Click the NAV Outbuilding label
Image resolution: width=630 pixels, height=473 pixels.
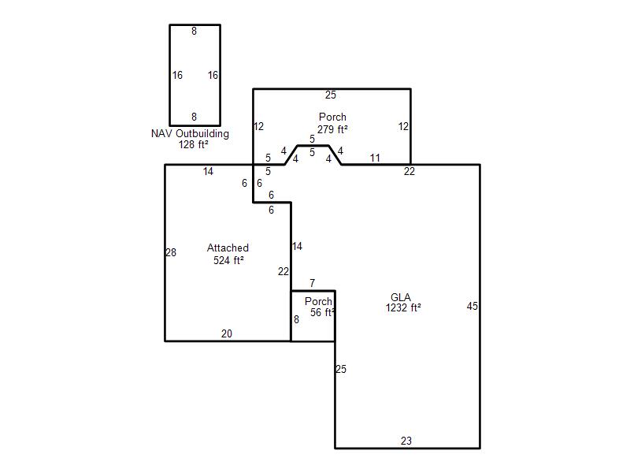[x=190, y=133]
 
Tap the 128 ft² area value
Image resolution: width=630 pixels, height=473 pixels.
[x=193, y=144]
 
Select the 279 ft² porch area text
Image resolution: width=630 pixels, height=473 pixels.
[x=332, y=129]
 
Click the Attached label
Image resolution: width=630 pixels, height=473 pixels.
[x=228, y=248]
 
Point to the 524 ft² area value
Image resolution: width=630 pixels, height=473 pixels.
[x=228, y=260]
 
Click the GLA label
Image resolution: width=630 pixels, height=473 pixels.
[x=401, y=297]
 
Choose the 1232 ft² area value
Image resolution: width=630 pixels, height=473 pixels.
[x=403, y=307]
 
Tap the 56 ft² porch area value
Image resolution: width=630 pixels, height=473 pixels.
[x=323, y=312]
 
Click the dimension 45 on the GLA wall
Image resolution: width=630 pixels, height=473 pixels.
[x=472, y=306]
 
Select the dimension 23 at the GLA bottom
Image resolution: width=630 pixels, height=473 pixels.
[x=406, y=441]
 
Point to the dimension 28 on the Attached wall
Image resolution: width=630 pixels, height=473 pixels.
[x=171, y=252]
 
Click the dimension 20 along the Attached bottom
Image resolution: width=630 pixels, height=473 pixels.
[x=227, y=333]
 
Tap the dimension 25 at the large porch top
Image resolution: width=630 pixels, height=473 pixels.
[x=331, y=95]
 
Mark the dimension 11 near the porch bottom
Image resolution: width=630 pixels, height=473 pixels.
[x=375, y=158]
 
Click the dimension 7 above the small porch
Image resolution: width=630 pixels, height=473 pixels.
[x=312, y=283]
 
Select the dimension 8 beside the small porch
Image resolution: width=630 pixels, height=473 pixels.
[x=296, y=319]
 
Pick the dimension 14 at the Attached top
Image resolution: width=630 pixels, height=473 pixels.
[x=208, y=171]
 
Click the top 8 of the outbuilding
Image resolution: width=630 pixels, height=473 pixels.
[x=194, y=31]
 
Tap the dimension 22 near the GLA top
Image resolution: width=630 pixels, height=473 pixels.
[x=409, y=171]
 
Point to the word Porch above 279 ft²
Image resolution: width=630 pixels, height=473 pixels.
[x=332, y=117]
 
